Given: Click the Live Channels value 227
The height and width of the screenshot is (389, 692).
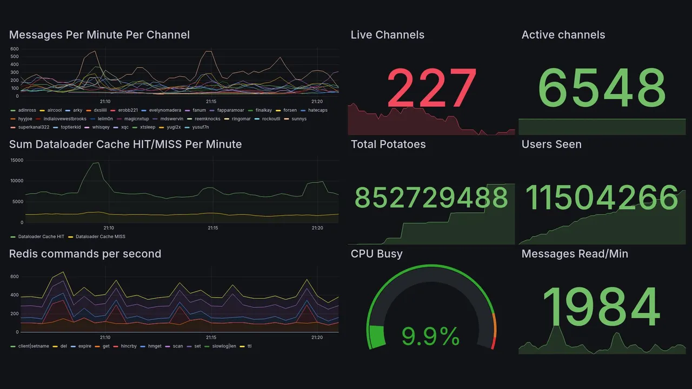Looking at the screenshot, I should pyautogui.click(x=431, y=88).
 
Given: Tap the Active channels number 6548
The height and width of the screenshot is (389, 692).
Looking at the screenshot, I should pyautogui.click(x=602, y=88).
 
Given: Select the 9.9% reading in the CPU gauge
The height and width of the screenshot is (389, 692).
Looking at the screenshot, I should pyautogui.click(x=430, y=337).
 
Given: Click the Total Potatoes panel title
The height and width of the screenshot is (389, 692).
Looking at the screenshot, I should pyautogui.click(x=388, y=144).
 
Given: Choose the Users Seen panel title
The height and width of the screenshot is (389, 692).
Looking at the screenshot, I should pyautogui.click(x=551, y=144).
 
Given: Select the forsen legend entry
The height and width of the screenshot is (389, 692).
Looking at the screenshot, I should pyautogui.click(x=290, y=110).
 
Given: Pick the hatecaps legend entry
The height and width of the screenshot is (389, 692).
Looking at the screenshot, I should pyautogui.click(x=317, y=110).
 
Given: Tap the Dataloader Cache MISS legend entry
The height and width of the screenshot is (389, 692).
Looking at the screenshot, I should pyautogui.click(x=100, y=237).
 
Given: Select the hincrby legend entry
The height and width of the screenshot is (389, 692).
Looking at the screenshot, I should pyautogui.click(x=129, y=346).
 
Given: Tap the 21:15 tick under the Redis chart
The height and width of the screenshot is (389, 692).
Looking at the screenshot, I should pyautogui.click(x=211, y=337).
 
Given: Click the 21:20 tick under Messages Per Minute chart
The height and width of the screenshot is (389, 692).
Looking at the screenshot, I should pyautogui.click(x=317, y=102).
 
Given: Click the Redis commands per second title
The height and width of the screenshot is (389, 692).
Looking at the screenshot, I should pyautogui.click(x=85, y=254).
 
